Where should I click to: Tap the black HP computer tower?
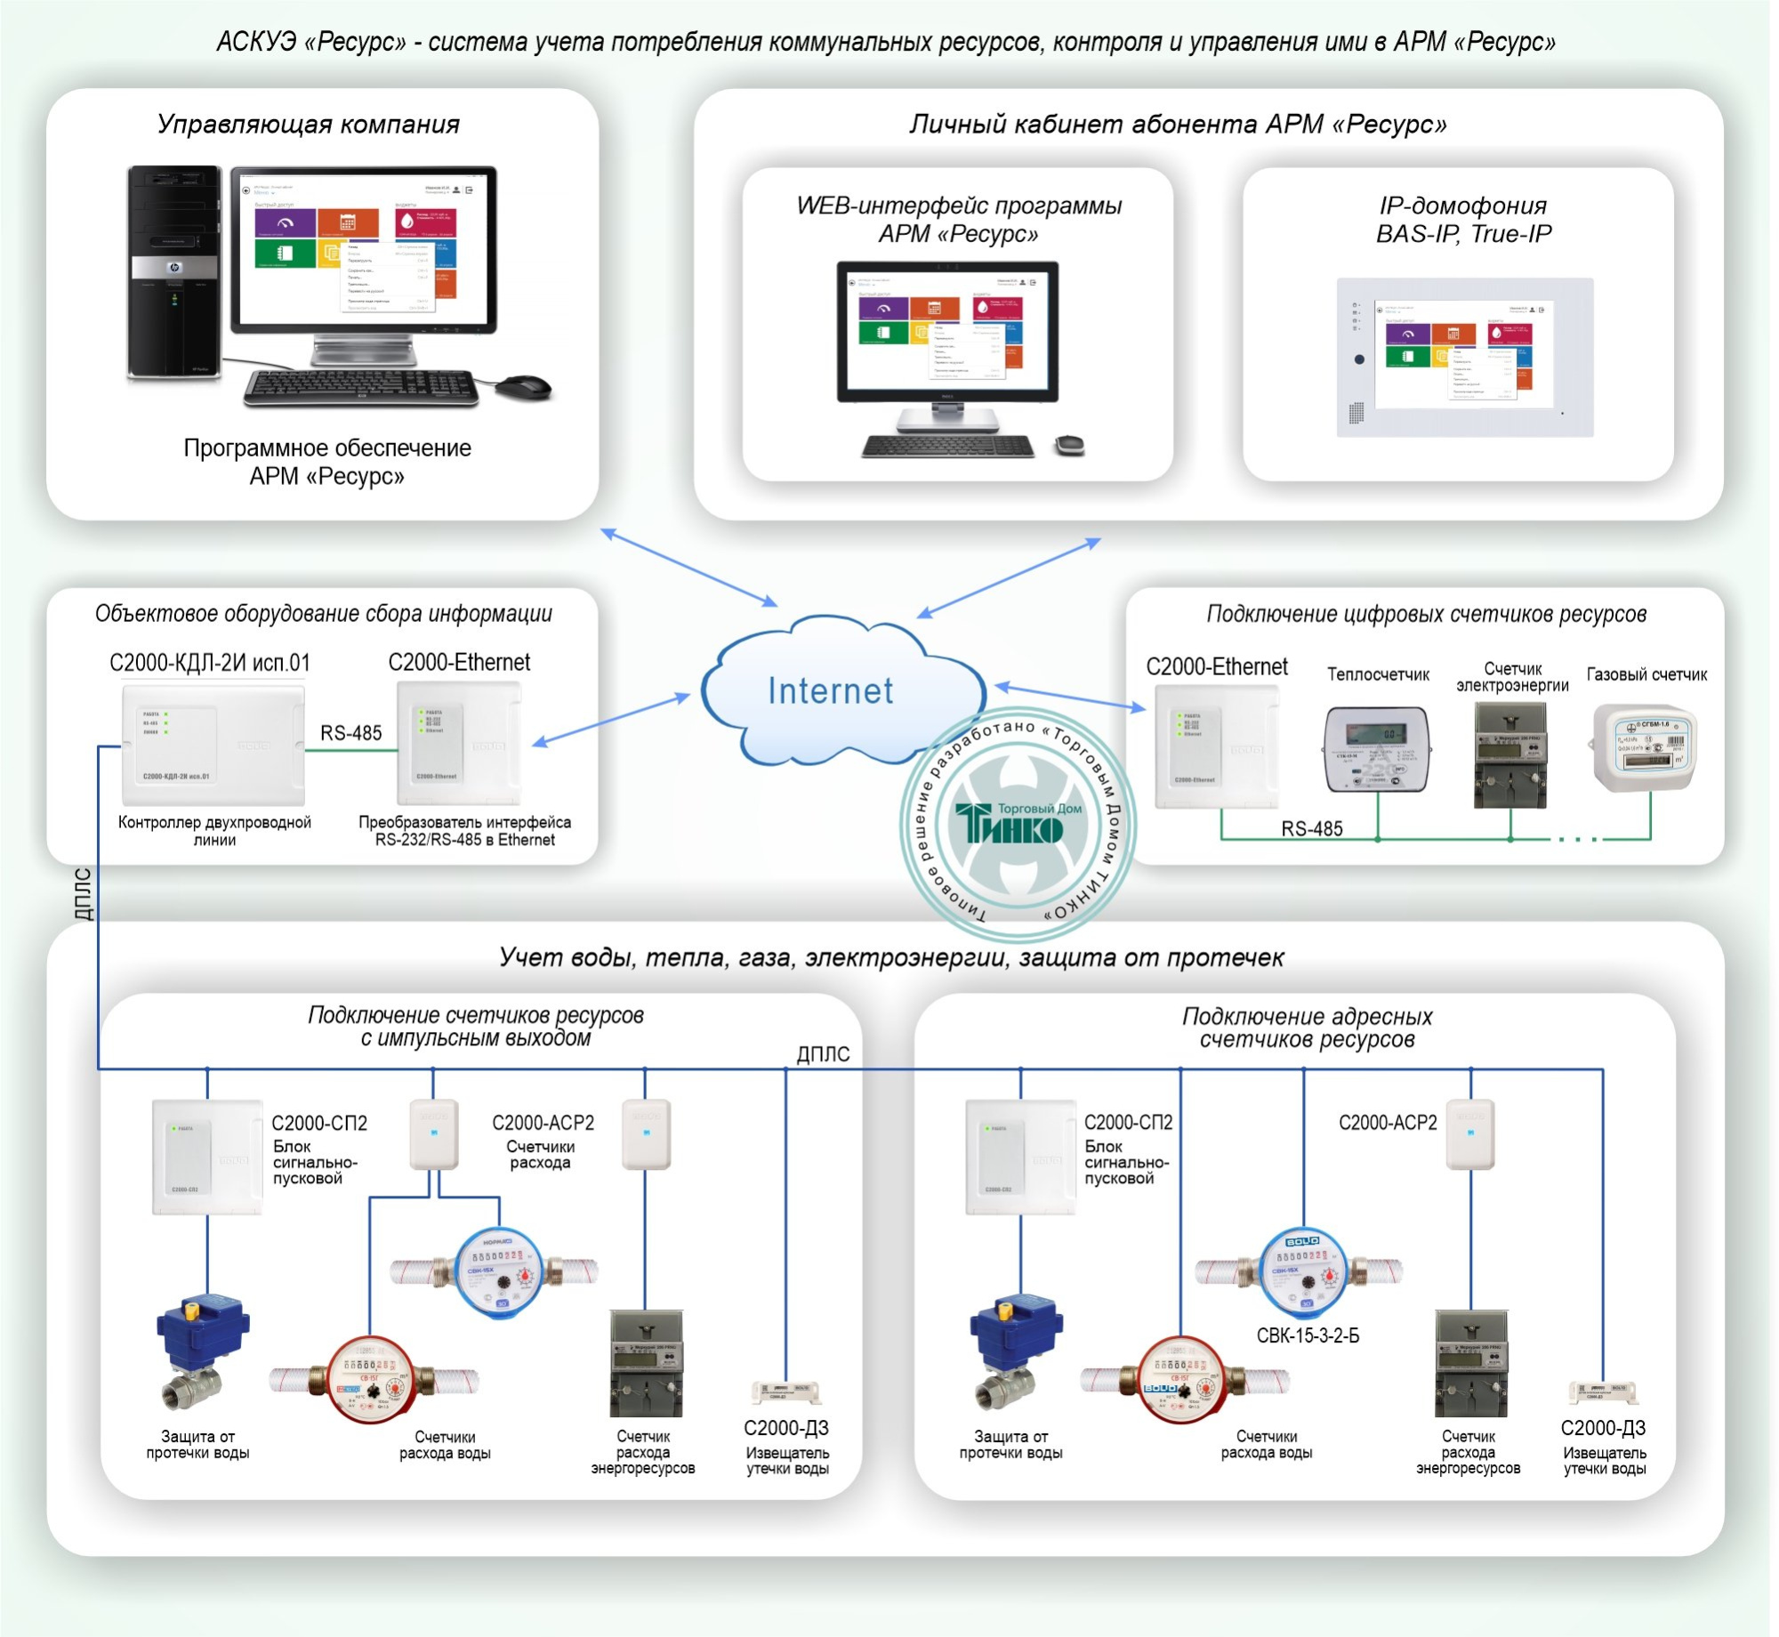(174, 271)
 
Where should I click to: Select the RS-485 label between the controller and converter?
(350, 733)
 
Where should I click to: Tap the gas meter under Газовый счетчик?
(1644, 747)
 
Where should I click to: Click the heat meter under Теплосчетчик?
(1378, 748)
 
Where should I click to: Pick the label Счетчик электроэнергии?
(1512, 677)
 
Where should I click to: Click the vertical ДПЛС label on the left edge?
(83, 894)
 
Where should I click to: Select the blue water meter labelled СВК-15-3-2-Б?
(1304, 1272)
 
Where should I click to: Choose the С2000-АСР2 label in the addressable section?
(1388, 1123)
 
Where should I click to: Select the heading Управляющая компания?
(308, 124)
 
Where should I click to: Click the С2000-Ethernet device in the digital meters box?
(1216, 748)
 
